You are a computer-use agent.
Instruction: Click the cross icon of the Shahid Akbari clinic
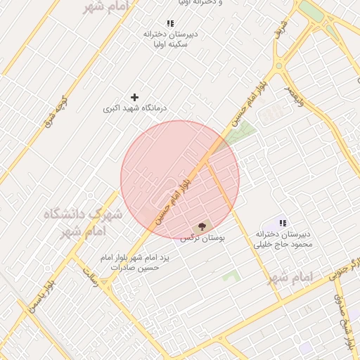pyautogui.click(x=135, y=97)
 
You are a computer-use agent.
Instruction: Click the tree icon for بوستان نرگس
pyautogui.click(x=202, y=226)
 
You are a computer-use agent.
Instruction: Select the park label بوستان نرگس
pyautogui.click(x=202, y=239)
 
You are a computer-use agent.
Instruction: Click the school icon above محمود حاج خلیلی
pyautogui.click(x=283, y=223)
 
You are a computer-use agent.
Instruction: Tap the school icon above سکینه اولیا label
pyautogui.click(x=171, y=23)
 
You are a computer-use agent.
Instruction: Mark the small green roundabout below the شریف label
pyautogui.click(x=279, y=67)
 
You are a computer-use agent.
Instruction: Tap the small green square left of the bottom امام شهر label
pyautogui.click(x=230, y=276)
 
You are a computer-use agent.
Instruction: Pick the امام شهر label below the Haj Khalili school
pyautogui.click(x=289, y=276)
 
